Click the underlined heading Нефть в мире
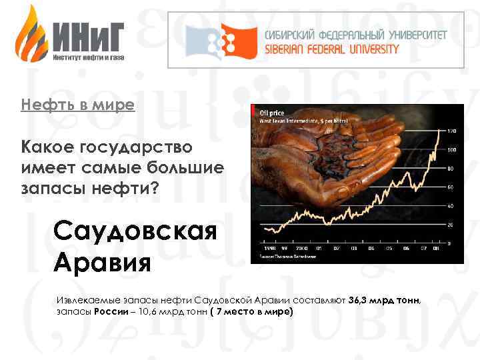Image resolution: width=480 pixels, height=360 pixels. point(77,105)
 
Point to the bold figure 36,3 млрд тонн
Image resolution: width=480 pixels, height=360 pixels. point(385,301)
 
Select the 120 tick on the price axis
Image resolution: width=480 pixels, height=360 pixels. point(451,130)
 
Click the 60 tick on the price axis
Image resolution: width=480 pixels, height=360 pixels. point(451,187)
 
